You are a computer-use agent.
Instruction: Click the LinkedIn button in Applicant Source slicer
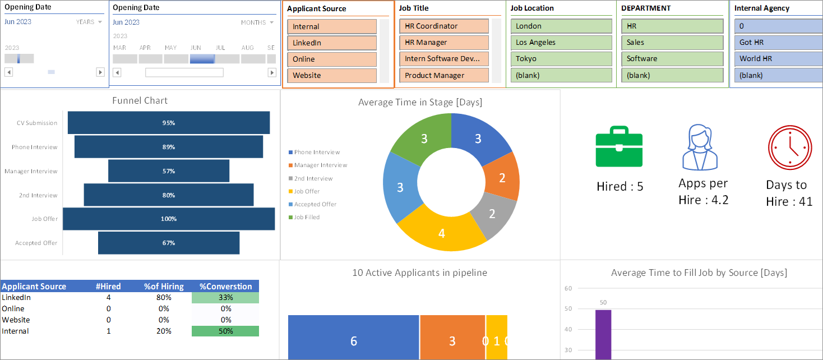tap(332, 43)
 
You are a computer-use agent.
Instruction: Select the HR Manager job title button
tap(444, 42)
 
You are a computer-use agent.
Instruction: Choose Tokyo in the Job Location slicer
tap(561, 59)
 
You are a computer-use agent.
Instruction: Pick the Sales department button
tap(672, 42)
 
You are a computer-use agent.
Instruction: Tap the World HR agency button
tap(779, 59)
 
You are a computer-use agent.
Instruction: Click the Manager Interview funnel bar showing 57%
tap(169, 171)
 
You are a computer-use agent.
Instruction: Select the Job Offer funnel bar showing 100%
tap(169, 219)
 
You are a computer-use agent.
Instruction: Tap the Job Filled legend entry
tap(304, 217)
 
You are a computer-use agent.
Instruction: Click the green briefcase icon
tap(619, 146)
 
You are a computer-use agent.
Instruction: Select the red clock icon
tap(790, 147)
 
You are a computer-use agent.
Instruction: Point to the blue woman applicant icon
tap(700, 147)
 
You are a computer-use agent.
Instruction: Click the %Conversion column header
tap(225, 287)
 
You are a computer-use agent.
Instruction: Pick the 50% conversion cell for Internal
tap(225, 331)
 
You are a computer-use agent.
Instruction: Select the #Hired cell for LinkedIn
tap(108, 298)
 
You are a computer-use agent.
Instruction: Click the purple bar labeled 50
tap(603, 335)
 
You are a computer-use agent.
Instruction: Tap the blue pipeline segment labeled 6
tap(353, 337)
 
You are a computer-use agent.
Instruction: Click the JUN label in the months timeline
tap(196, 48)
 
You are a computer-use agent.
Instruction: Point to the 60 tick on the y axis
tap(568, 288)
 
